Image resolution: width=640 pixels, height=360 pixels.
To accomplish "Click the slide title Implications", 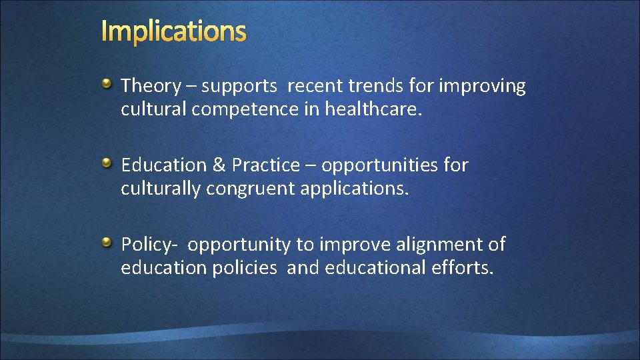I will tap(174, 31).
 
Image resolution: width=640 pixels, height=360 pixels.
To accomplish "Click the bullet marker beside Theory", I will tap(107, 83).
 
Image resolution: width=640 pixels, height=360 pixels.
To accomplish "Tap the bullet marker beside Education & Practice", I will tap(107, 163).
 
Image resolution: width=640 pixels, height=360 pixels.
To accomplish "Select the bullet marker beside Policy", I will tap(107, 241).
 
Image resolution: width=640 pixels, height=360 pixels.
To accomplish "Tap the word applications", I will tap(353, 189).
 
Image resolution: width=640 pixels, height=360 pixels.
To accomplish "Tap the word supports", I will tap(239, 87).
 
